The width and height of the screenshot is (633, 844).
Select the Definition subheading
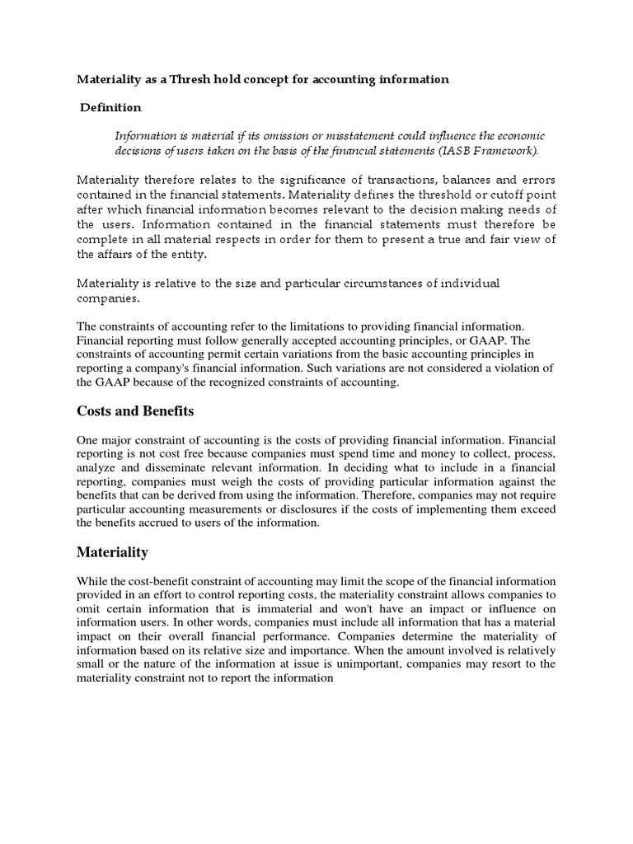(110, 107)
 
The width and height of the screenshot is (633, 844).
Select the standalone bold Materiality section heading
(113, 551)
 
